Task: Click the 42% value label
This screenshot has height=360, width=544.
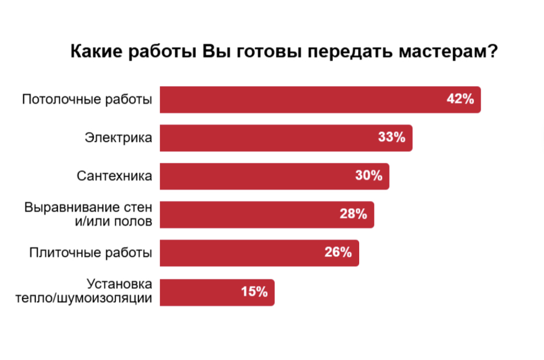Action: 460,99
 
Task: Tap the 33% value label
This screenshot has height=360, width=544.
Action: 392,137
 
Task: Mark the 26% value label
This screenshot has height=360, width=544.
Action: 338,252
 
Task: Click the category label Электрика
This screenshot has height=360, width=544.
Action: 119,137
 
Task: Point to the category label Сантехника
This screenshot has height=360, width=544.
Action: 114,176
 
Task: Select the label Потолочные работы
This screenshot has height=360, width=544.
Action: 87,100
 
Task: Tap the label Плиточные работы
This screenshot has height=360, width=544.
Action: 90,253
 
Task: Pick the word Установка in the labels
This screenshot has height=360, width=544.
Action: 120,285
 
